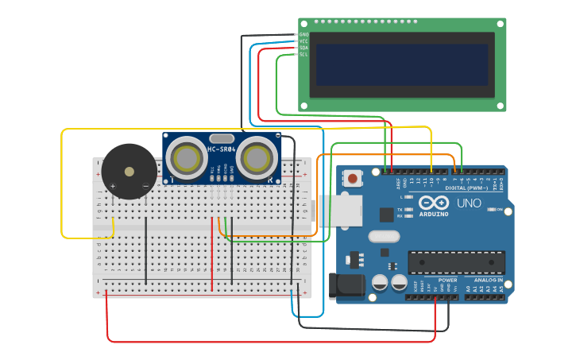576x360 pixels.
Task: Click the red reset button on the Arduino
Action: click(x=352, y=179)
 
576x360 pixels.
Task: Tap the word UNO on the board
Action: click(x=469, y=203)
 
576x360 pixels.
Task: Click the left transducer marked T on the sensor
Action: click(x=187, y=158)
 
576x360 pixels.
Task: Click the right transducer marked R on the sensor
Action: click(x=257, y=158)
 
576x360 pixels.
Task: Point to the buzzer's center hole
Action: click(x=129, y=171)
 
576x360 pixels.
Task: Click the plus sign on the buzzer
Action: click(x=113, y=187)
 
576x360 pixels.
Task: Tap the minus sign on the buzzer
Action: click(x=145, y=187)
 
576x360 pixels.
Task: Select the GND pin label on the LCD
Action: click(x=303, y=35)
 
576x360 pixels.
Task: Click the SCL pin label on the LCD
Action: click(x=303, y=54)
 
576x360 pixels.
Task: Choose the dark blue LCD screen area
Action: click(x=401, y=65)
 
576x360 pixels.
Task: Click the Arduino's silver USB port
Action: click(x=341, y=211)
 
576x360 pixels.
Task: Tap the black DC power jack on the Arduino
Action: click(x=347, y=285)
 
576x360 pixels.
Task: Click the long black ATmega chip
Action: click(x=456, y=261)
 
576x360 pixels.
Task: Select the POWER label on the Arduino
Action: click(x=447, y=280)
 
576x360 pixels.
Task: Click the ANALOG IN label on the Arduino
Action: click(x=488, y=280)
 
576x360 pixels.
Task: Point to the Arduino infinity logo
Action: click(x=435, y=202)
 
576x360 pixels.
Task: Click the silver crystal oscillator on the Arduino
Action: click(x=384, y=236)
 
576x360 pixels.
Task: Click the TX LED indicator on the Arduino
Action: click(x=408, y=209)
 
